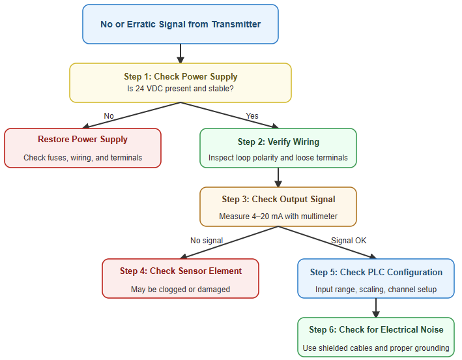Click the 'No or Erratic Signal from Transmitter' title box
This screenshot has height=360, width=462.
pos(180,24)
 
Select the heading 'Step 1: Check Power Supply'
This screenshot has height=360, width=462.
pos(180,77)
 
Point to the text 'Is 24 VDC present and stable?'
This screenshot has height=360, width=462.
pos(180,89)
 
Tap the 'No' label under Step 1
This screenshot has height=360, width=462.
pos(109,116)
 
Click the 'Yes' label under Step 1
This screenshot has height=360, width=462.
pos(252,116)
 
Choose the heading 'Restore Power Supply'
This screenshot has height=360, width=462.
pos(83,140)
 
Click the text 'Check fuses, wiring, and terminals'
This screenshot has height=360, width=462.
pos(83,157)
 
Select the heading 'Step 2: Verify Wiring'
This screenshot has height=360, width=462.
pos(278,142)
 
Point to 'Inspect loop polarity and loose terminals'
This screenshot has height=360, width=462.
pos(278,157)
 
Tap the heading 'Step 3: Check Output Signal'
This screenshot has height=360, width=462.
pos(278,200)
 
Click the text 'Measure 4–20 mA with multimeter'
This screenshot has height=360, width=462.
pos(278,216)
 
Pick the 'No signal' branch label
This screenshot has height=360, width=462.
pos(207,241)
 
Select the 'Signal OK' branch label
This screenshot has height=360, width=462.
pos(349,241)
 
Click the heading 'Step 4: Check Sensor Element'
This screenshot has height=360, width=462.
pos(180,271)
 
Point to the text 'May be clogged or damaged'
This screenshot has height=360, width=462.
pos(180,289)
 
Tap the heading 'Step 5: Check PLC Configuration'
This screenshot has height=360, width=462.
pos(376,273)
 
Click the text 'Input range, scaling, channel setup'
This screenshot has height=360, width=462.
pos(376,289)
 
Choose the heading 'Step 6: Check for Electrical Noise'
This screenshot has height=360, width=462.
pos(376,330)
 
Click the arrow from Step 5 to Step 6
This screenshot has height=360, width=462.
pos(376,307)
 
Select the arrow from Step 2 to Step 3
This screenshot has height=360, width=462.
pos(278,177)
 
